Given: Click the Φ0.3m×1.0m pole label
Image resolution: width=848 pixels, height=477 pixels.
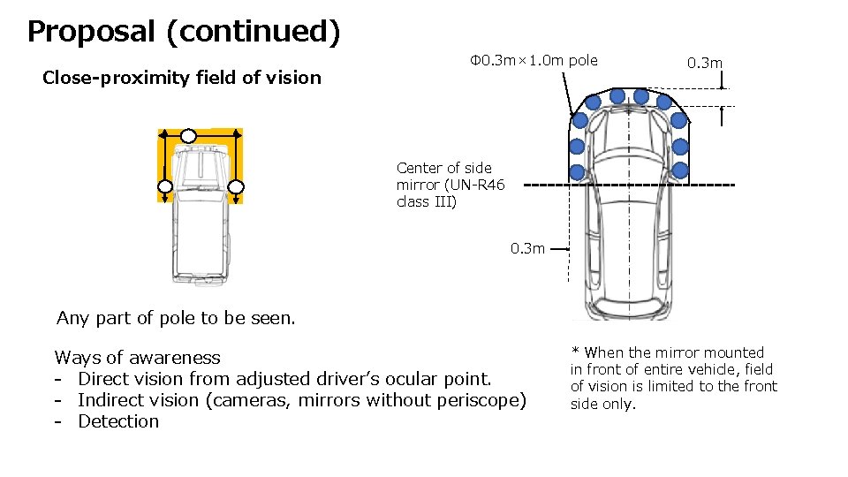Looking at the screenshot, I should [534, 60].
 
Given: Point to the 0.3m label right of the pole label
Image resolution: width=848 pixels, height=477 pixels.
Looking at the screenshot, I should [705, 63].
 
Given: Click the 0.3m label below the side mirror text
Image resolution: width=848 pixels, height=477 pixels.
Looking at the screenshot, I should [527, 248].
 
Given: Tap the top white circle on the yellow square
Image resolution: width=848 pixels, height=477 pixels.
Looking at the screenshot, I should [188, 135].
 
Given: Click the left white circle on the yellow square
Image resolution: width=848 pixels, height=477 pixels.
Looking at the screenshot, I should [164, 186].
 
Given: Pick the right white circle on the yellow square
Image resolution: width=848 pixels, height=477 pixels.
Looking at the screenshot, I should [236, 186].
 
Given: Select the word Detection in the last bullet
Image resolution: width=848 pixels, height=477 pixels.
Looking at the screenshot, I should [118, 421].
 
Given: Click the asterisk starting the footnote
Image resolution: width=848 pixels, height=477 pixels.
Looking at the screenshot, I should [575, 352].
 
